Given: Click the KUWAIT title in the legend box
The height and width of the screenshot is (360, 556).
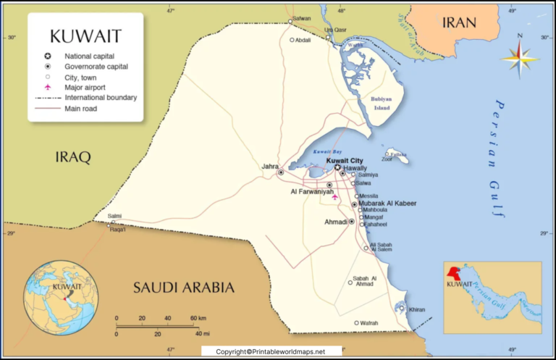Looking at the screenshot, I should [x=85, y=35].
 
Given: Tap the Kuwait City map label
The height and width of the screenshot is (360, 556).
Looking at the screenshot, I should [x=345, y=160].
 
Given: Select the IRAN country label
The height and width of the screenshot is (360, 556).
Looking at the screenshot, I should [x=459, y=22].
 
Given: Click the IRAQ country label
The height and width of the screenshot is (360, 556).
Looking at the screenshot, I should [x=73, y=156].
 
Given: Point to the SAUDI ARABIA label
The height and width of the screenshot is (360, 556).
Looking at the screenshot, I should [x=183, y=288].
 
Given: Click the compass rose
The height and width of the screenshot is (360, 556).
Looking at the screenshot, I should [x=519, y=57].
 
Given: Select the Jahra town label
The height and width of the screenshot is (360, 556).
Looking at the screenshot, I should [x=269, y=167].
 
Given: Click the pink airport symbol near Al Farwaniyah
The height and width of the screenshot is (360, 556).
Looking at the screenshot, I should [x=334, y=196].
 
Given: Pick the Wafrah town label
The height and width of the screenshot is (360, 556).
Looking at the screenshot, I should [x=369, y=323].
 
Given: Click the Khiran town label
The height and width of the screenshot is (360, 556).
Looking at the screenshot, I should [x=417, y=309].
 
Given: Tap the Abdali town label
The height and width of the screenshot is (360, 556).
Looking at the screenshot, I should [x=303, y=41].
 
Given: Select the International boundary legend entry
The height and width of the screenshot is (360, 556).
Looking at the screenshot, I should [x=101, y=97].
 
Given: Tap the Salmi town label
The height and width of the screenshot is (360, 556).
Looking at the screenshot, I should [x=114, y=216].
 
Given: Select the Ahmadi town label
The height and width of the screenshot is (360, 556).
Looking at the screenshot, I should [x=334, y=222].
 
